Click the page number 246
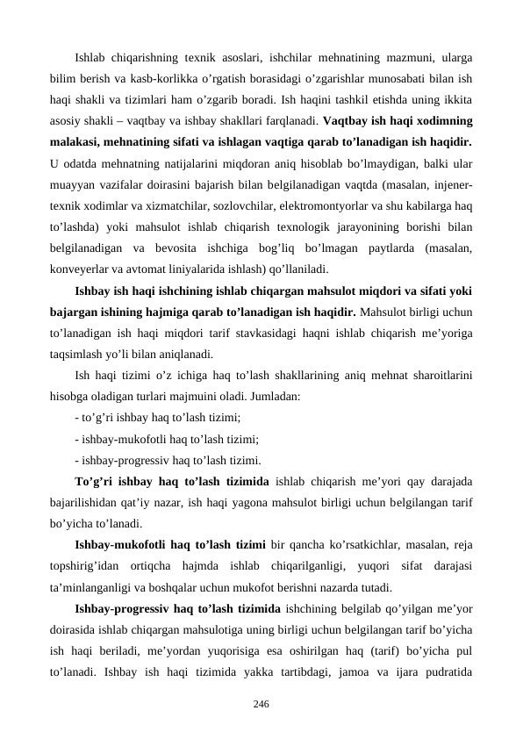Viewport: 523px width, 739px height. pyautogui.click(x=261, y=704)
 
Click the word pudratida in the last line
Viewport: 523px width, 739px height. pyautogui.click(x=448, y=671)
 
